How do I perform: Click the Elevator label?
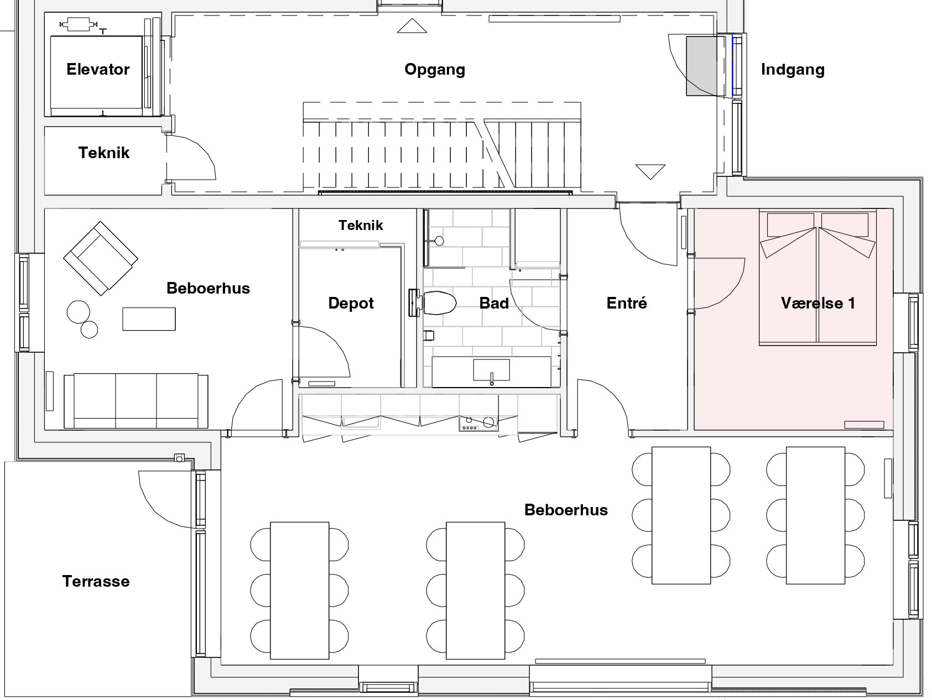[x=98, y=69]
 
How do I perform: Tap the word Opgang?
[x=435, y=70]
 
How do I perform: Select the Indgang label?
[x=793, y=70]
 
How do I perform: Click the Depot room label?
[x=351, y=304]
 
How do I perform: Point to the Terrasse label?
[x=96, y=581]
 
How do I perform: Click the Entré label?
[x=627, y=303]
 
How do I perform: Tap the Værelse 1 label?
[x=818, y=303]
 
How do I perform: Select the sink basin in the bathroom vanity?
[x=491, y=370]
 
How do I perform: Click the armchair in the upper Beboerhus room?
[x=101, y=258]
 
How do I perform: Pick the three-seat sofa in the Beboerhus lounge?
[x=136, y=400]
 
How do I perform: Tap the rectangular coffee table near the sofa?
[x=149, y=319]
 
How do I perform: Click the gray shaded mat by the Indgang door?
[x=702, y=66]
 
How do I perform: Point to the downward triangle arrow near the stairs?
[x=650, y=171]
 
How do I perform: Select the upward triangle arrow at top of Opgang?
[x=412, y=25]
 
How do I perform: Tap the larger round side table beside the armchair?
[x=79, y=312]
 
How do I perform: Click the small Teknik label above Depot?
[x=361, y=225]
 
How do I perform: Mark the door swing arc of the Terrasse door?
[x=160, y=506]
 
